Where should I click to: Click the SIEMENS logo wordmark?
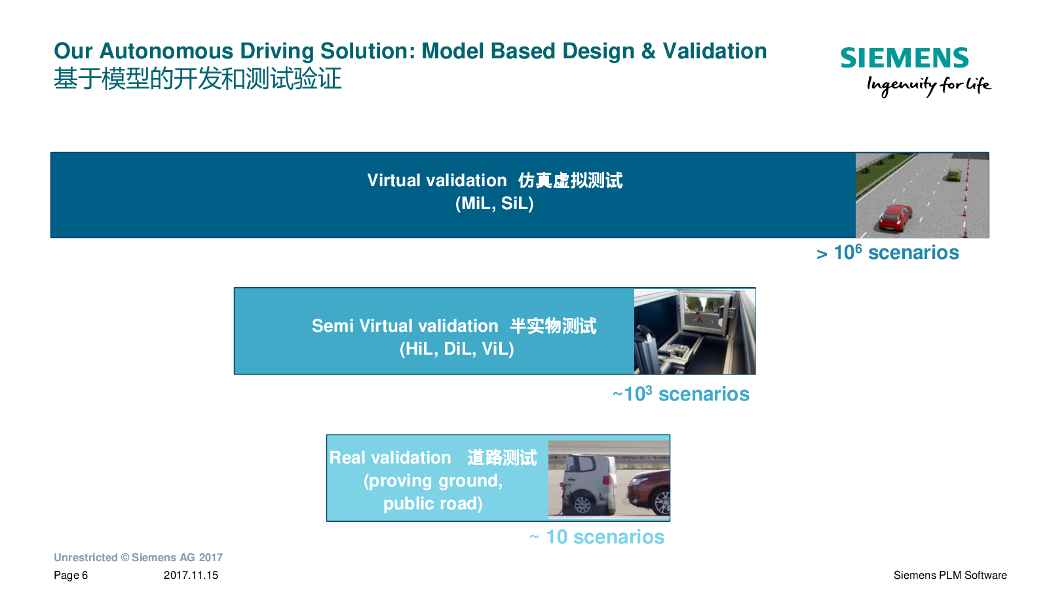904,58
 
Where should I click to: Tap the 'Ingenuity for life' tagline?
928,85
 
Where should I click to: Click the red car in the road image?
896,217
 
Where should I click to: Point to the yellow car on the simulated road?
953,175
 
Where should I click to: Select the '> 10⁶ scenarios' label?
887,252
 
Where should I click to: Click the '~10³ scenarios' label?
681,393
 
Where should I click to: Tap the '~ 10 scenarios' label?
597,537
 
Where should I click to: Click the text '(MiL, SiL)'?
495,203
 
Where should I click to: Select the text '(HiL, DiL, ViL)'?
457,349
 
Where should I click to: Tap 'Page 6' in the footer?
71,575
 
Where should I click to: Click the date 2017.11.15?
191,575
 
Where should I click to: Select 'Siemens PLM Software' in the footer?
950,575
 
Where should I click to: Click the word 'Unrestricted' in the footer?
86,557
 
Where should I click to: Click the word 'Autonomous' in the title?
166,51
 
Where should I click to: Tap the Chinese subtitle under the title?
198,78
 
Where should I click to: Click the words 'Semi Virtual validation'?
405,326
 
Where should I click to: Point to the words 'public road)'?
433,503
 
